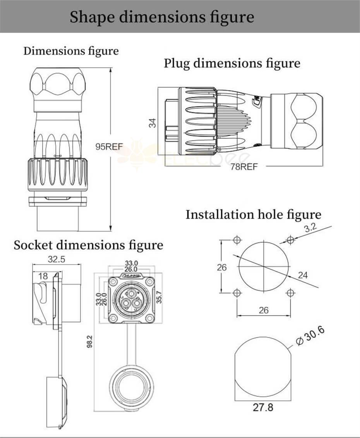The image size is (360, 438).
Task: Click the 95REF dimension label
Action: (x=110, y=147)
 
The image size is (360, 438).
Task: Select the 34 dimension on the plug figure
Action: (x=153, y=123)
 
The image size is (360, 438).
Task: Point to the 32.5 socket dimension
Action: (x=56, y=259)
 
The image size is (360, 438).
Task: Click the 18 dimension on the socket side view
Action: (x=43, y=276)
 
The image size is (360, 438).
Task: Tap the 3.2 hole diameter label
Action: (x=310, y=228)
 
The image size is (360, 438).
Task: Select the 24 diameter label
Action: (x=303, y=275)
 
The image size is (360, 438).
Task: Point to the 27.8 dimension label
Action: (x=263, y=408)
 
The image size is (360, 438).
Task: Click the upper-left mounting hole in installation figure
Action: (x=237, y=240)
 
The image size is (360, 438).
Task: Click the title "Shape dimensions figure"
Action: (x=162, y=17)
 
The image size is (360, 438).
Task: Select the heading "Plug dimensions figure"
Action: (x=232, y=63)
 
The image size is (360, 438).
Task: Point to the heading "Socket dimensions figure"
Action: (x=88, y=245)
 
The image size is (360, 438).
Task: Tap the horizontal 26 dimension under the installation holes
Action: (x=263, y=310)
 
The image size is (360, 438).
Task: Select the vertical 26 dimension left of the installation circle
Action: (x=222, y=267)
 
